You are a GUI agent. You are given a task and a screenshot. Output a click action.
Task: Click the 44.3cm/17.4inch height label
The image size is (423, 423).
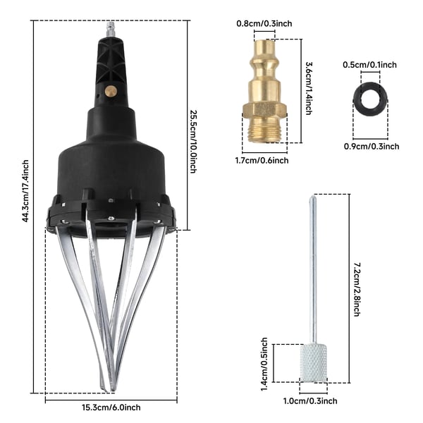pos(25,191)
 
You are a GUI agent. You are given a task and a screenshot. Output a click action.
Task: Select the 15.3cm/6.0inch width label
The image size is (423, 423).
pos(111,407)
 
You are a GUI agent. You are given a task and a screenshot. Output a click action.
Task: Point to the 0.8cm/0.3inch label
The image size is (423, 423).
pos(264,24)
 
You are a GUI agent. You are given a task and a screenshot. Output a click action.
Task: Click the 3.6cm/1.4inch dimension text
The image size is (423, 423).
pos(309,89)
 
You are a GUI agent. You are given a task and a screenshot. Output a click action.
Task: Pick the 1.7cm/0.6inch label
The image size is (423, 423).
pos(262,161)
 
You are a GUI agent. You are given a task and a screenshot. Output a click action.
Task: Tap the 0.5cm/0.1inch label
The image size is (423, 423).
pos(369,65)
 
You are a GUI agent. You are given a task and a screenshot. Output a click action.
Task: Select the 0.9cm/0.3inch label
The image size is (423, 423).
pos(372,147)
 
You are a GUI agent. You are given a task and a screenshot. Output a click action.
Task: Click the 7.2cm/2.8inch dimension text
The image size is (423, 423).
pos(357,290)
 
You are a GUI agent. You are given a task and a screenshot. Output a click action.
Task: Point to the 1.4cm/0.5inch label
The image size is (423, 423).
pos(264,364)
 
